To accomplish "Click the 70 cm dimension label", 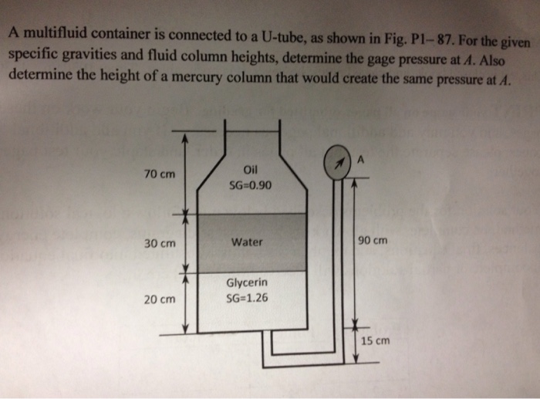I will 160,174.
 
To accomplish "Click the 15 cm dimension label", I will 376,340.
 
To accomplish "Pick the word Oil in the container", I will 248,171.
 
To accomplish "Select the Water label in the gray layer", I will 247,242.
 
